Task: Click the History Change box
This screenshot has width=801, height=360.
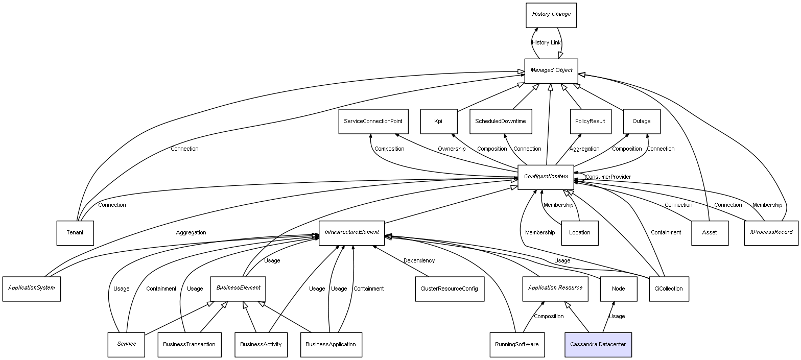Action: tap(551, 15)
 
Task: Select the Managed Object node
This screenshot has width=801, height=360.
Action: tap(551, 70)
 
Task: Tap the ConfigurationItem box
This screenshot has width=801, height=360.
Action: tap(546, 177)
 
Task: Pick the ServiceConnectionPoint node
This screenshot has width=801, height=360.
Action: tap(372, 122)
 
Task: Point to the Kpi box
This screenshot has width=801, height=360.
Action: tap(438, 122)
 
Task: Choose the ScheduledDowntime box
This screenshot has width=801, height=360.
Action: tap(500, 122)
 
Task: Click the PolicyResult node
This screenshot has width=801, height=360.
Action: tap(590, 122)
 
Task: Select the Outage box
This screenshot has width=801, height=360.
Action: tap(642, 122)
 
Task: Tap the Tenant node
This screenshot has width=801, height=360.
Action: tap(75, 233)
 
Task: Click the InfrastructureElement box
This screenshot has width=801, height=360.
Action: tap(351, 232)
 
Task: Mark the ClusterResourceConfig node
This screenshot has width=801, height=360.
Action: tap(449, 289)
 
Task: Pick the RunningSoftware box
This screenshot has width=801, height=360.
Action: tap(516, 345)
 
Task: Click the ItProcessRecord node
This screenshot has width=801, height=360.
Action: tap(771, 232)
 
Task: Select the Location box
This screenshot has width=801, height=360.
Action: tap(579, 233)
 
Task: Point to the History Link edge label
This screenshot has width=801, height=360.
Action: tap(546, 43)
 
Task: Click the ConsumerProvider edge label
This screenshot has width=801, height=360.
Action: tap(608, 177)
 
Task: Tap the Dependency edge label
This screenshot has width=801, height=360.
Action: tap(419, 261)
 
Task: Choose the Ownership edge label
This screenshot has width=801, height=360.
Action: tap(451, 149)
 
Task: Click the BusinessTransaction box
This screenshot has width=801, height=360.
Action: tap(189, 345)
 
